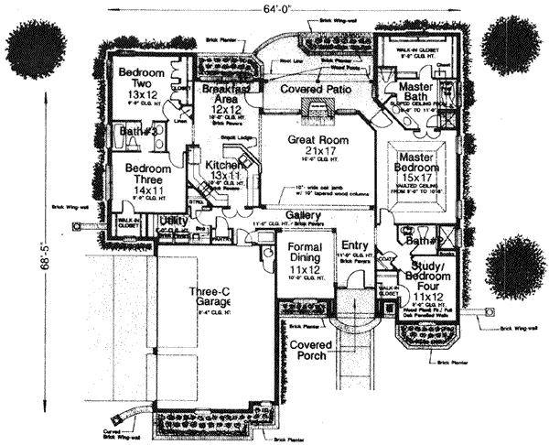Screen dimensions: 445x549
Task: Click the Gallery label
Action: (303, 214)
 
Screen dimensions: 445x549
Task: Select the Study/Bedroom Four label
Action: (426, 278)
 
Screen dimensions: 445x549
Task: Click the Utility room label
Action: (173, 222)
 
